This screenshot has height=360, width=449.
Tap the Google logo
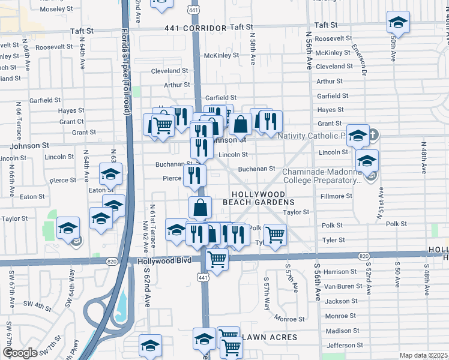point(19,353)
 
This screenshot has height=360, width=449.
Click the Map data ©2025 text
point(423,355)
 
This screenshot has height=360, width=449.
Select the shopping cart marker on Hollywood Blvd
point(217,260)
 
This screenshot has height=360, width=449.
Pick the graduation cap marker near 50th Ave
point(397,23)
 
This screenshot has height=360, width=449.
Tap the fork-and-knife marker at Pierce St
point(194,175)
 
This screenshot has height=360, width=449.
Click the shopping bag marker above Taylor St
point(200,208)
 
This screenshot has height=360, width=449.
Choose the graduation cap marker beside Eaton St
point(110,174)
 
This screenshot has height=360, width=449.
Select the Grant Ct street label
point(71,122)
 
